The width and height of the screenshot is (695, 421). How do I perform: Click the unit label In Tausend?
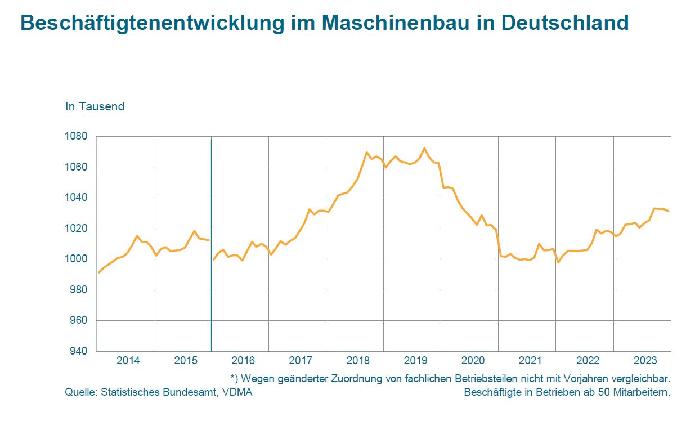tap(95, 106)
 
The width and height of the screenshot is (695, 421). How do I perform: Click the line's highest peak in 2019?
tap(424, 149)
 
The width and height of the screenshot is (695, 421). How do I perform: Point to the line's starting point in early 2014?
tap(99, 272)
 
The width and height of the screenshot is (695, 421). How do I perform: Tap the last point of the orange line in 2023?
tap(669, 211)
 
